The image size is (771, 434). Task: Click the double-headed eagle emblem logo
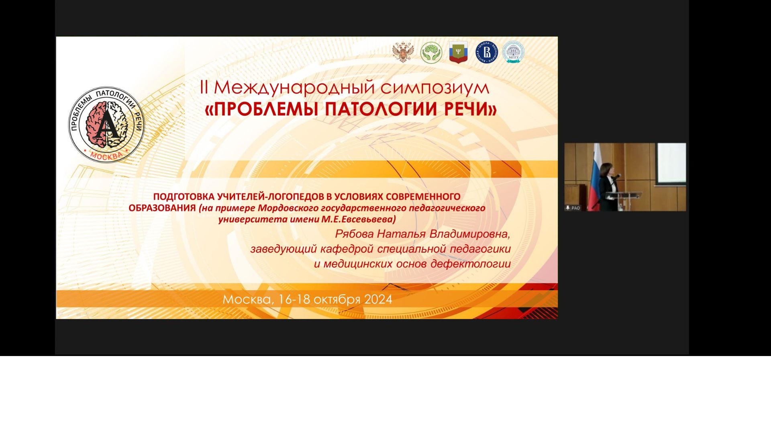[403, 52]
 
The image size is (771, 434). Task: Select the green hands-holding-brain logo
[431, 53]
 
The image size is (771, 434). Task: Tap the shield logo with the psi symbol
[458, 53]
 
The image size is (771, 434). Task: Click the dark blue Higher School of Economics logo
[487, 52]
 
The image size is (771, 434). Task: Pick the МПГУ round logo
[513, 52]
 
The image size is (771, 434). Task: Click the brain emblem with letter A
[106, 125]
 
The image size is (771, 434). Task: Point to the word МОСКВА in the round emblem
[106, 156]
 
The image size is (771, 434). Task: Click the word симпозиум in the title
[435, 88]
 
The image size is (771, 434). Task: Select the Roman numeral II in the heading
[204, 87]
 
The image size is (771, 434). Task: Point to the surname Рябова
[355, 234]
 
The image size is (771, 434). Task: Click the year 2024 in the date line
[378, 300]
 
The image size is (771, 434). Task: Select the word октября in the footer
[337, 300]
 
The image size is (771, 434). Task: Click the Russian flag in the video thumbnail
[595, 177]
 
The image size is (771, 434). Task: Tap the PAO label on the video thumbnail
[573, 208]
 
